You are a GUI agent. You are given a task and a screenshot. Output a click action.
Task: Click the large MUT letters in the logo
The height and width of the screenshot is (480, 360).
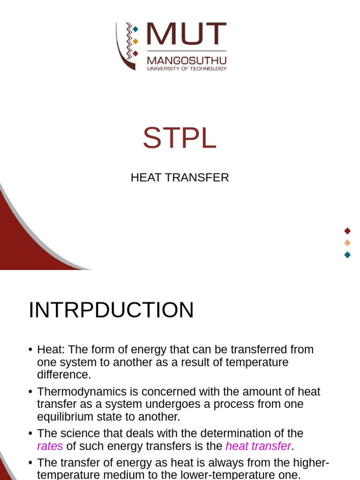point(186,36)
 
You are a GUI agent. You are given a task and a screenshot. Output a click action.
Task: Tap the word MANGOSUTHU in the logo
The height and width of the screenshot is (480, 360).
point(187,60)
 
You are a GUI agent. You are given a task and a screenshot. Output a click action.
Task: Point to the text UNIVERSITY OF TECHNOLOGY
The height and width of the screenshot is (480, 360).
point(187,68)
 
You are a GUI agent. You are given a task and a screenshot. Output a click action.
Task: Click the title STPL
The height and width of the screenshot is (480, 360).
point(180,138)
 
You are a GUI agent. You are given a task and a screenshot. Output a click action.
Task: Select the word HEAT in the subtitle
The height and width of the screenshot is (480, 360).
point(144,178)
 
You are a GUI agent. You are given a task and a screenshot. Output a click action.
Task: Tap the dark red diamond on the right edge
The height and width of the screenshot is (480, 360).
point(347,231)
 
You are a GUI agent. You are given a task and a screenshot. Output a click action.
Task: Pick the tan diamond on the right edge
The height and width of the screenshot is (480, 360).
point(347,243)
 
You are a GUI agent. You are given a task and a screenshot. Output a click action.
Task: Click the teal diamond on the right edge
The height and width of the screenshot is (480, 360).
point(347,255)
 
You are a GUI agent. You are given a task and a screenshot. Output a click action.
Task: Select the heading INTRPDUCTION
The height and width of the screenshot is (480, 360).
point(111,310)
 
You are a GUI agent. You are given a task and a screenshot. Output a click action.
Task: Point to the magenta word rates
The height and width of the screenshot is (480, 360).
point(50,446)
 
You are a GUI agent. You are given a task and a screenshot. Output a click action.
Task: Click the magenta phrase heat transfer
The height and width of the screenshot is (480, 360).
point(258,446)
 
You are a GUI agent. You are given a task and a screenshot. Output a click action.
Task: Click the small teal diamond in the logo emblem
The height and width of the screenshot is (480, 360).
point(135,30)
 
